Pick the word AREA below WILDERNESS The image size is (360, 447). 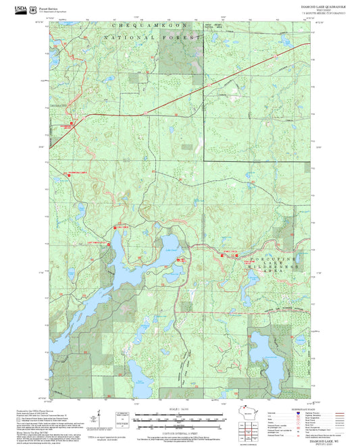(x=284, y=276)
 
